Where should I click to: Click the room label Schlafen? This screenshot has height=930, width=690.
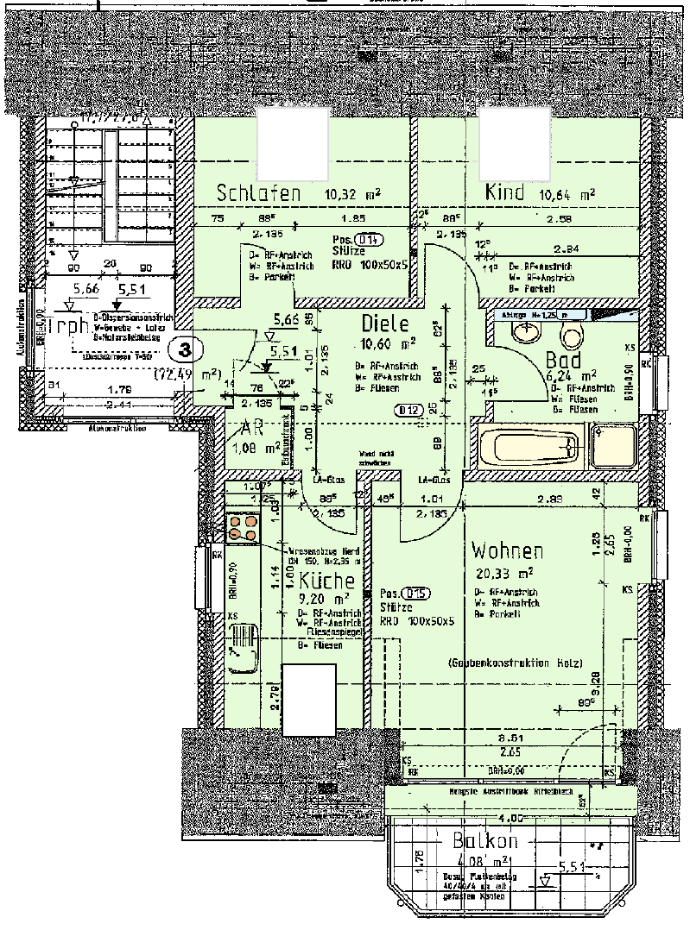tap(258, 193)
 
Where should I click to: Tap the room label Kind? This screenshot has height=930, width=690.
tap(505, 192)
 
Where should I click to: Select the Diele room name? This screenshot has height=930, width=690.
tap(383, 325)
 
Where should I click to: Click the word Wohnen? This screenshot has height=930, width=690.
tap(508, 551)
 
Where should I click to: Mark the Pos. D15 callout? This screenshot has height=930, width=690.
tap(405, 594)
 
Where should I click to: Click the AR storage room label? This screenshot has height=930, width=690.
tap(252, 429)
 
